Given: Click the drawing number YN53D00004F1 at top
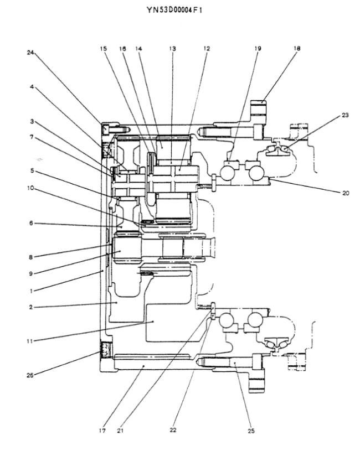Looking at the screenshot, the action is click(x=174, y=11).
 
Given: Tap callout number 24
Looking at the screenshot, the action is click(x=30, y=53).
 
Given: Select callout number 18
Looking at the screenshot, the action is click(x=297, y=49).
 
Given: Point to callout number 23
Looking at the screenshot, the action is click(x=345, y=115).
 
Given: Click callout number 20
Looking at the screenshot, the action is click(x=345, y=193).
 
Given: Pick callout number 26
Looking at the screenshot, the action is click(x=30, y=375).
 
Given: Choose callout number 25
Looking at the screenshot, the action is click(x=251, y=431).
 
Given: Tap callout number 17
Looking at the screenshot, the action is click(x=102, y=431).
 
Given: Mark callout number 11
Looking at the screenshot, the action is click(x=30, y=341).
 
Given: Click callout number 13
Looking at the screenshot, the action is click(x=172, y=49).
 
